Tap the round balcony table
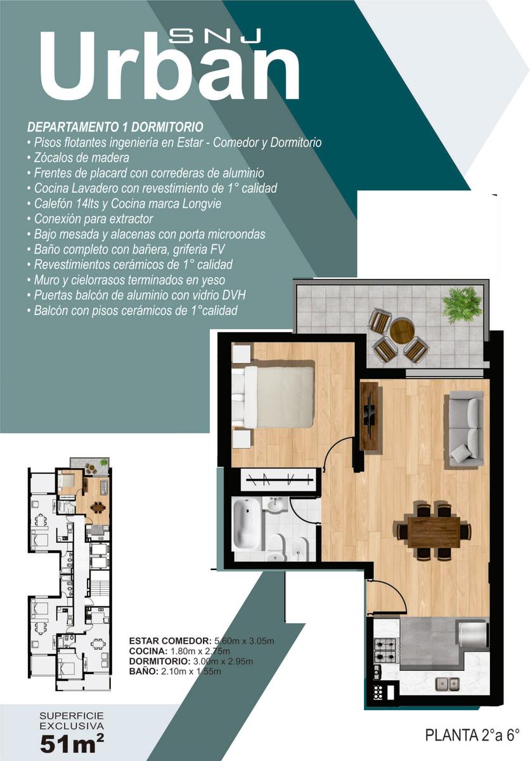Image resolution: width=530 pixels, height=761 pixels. click(x=402, y=330)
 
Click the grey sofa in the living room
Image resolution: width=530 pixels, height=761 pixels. click(x=466, y=429)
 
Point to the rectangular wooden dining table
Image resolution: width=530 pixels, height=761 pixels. click(x=434, y=532)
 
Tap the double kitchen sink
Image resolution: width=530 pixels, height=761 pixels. click(x=448, y=684)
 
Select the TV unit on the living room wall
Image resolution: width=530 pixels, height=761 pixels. click(x=370, y=416)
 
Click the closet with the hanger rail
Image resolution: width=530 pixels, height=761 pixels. click(x=280, y=479)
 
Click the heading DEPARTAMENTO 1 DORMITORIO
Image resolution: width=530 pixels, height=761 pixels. click(x=115, y=127)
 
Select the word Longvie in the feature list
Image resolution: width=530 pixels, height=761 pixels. click(x=202, y=204)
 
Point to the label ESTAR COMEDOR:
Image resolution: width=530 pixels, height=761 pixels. click(x=171, y=641)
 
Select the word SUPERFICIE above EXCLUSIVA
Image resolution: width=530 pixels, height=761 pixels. click(x=72, y=716)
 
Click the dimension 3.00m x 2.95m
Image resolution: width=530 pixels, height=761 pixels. click(x=223, y=661)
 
